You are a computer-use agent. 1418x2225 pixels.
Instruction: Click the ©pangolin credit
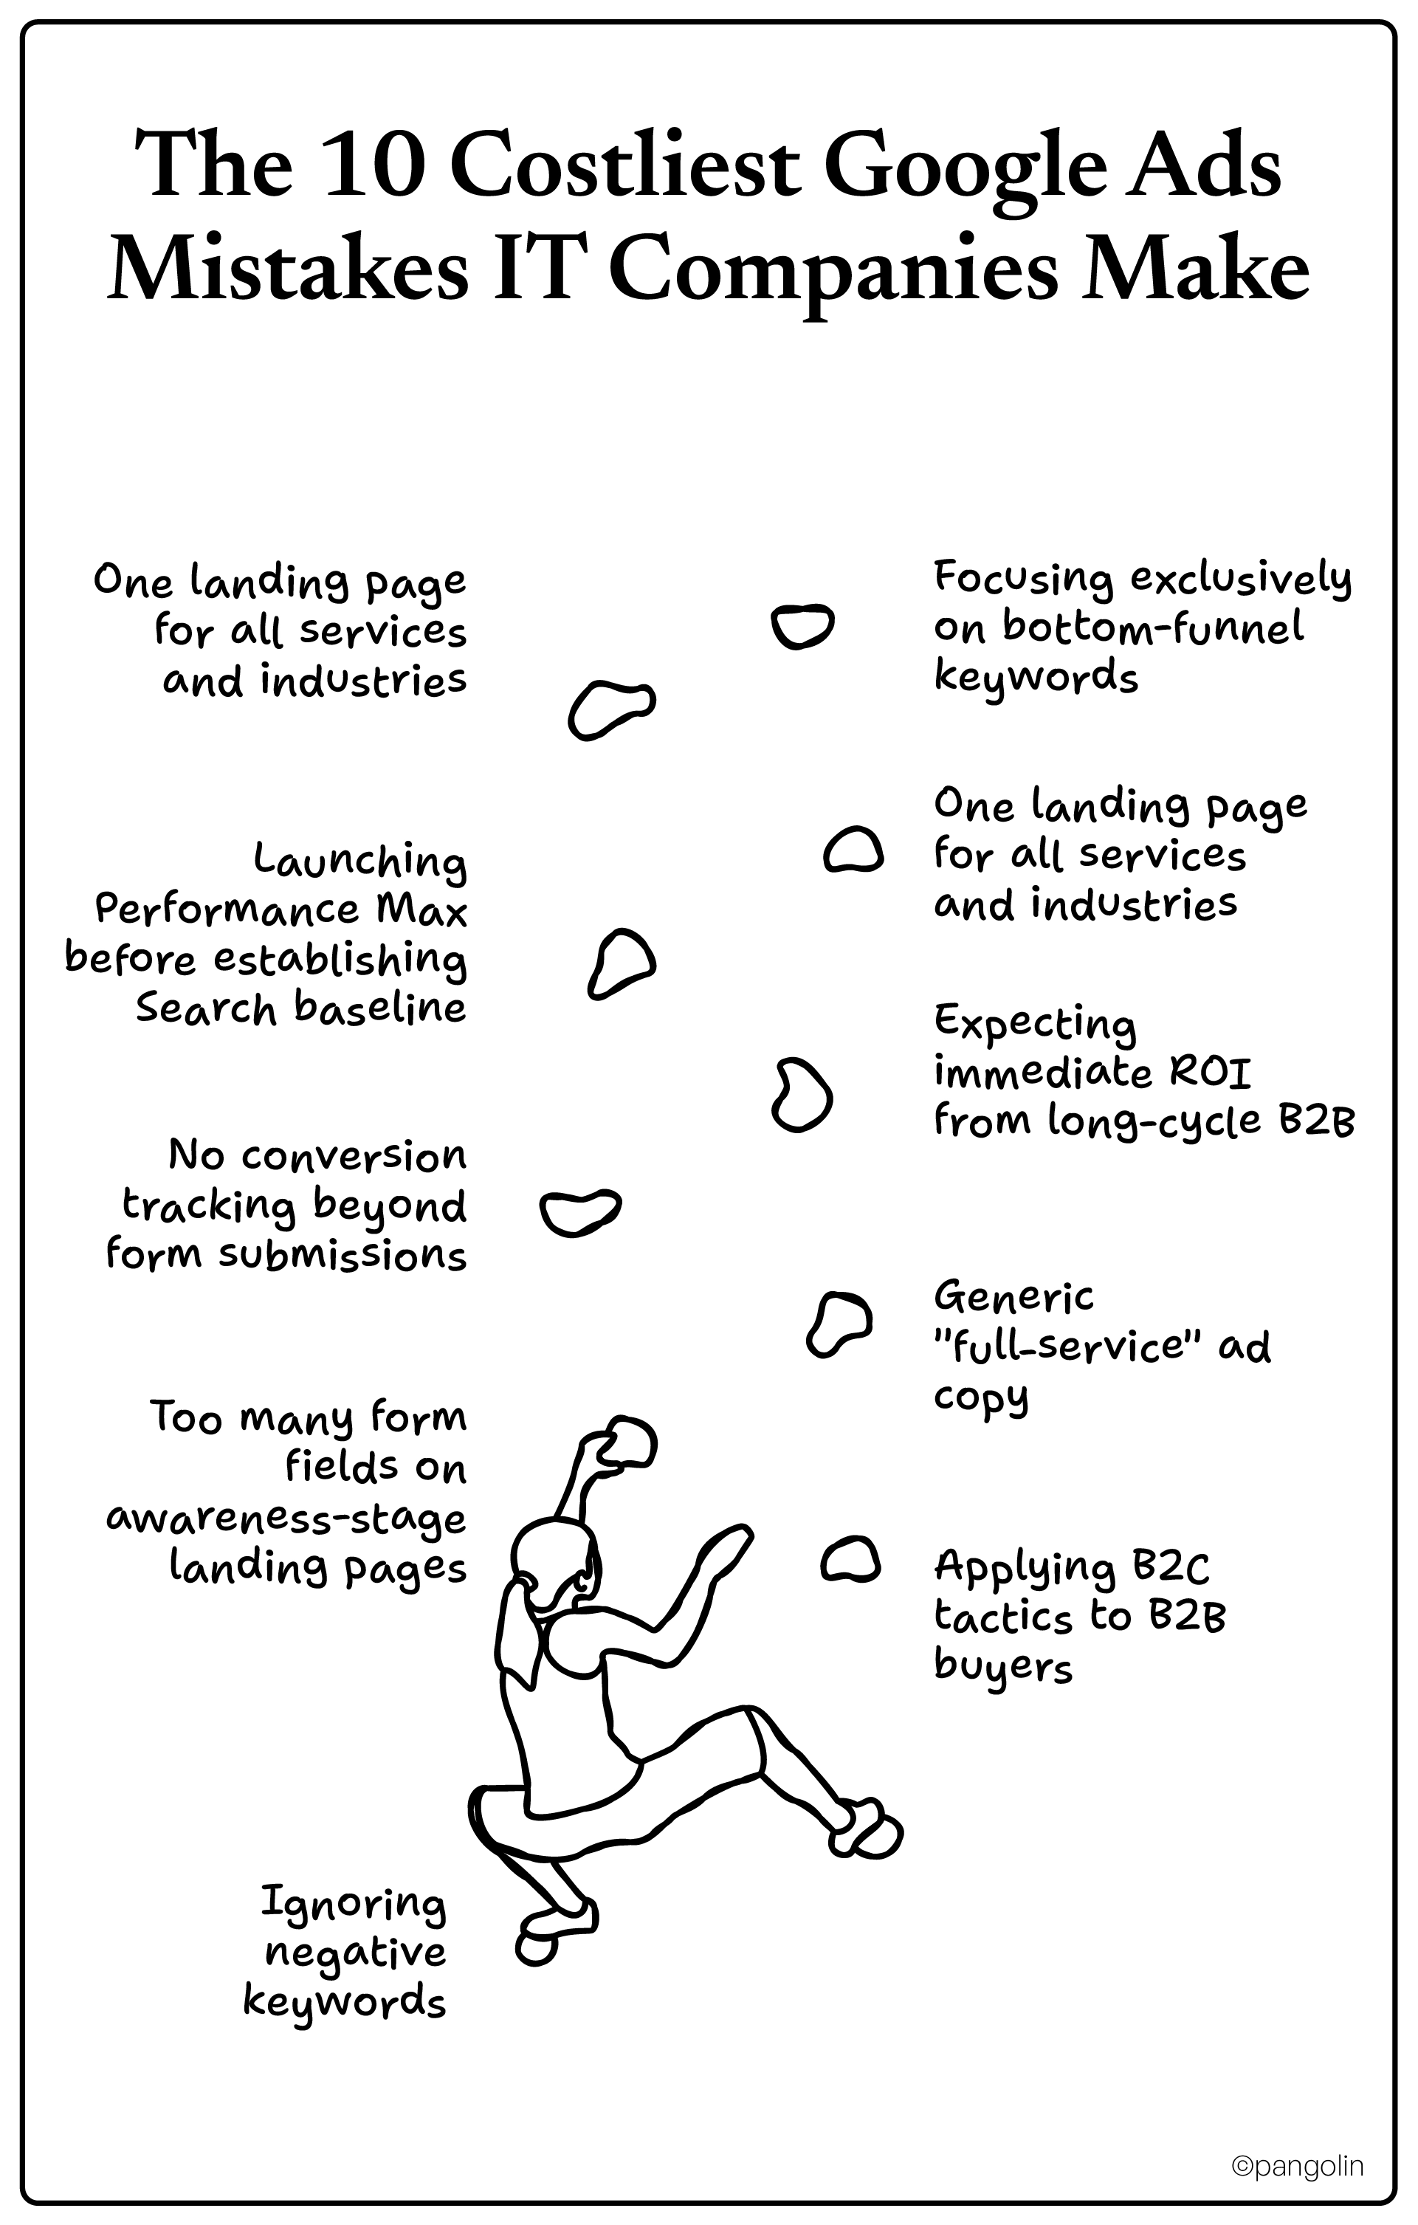(x=1297, y=2165)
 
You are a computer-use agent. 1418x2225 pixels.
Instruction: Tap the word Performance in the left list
(x=227, y=910)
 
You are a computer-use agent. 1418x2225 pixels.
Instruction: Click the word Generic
(x=1013, y=1297)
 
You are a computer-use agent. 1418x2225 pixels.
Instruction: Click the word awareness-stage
(x=286, y=1518)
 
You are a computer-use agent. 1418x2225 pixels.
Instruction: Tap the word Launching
(x=360, y=862)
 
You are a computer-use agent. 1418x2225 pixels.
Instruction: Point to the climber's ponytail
(x=519, y=1626)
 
